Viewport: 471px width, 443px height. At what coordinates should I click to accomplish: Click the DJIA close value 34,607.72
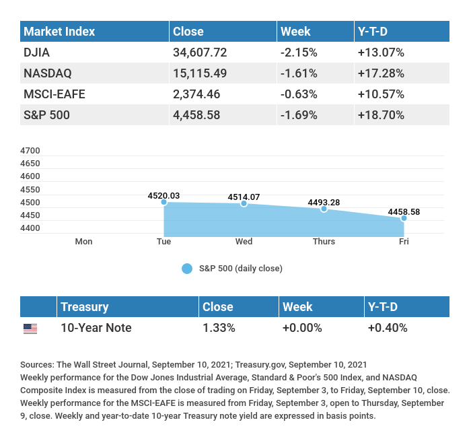[203, 52]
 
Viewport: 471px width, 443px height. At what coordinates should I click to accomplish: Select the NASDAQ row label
[48, 73]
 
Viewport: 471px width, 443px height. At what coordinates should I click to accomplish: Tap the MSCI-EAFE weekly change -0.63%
[299, 94]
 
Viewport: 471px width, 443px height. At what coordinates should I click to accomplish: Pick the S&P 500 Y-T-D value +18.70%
[381, 114]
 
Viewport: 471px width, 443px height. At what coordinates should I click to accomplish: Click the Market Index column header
[59, 31]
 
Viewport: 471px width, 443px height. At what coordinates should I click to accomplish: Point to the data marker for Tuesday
[164, 202]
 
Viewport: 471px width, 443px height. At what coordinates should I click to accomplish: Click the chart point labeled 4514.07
[244, 203]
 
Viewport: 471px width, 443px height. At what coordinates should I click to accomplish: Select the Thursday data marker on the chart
[324, 209]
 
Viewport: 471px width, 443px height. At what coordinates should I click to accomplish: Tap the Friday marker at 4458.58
[404, 218]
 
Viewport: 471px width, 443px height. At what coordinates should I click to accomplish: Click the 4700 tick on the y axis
[30, 150]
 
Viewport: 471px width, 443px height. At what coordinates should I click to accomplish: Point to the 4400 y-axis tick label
[30, 228]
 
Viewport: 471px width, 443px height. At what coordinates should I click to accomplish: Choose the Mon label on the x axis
[83, 241]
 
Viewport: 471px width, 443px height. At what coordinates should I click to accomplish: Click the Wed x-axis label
[244, 241]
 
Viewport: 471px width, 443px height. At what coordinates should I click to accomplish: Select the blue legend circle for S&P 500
[187, 269]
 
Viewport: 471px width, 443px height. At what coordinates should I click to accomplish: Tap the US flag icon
[30, 329]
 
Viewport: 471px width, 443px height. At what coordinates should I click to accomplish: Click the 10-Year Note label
[96, 328]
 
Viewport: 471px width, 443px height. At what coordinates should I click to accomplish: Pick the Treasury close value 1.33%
[219, 328]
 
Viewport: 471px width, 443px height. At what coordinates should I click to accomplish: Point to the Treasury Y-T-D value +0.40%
[387, 328]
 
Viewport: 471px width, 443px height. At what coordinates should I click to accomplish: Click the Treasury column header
[84, 306]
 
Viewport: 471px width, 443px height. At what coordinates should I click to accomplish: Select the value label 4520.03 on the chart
[164, 195]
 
